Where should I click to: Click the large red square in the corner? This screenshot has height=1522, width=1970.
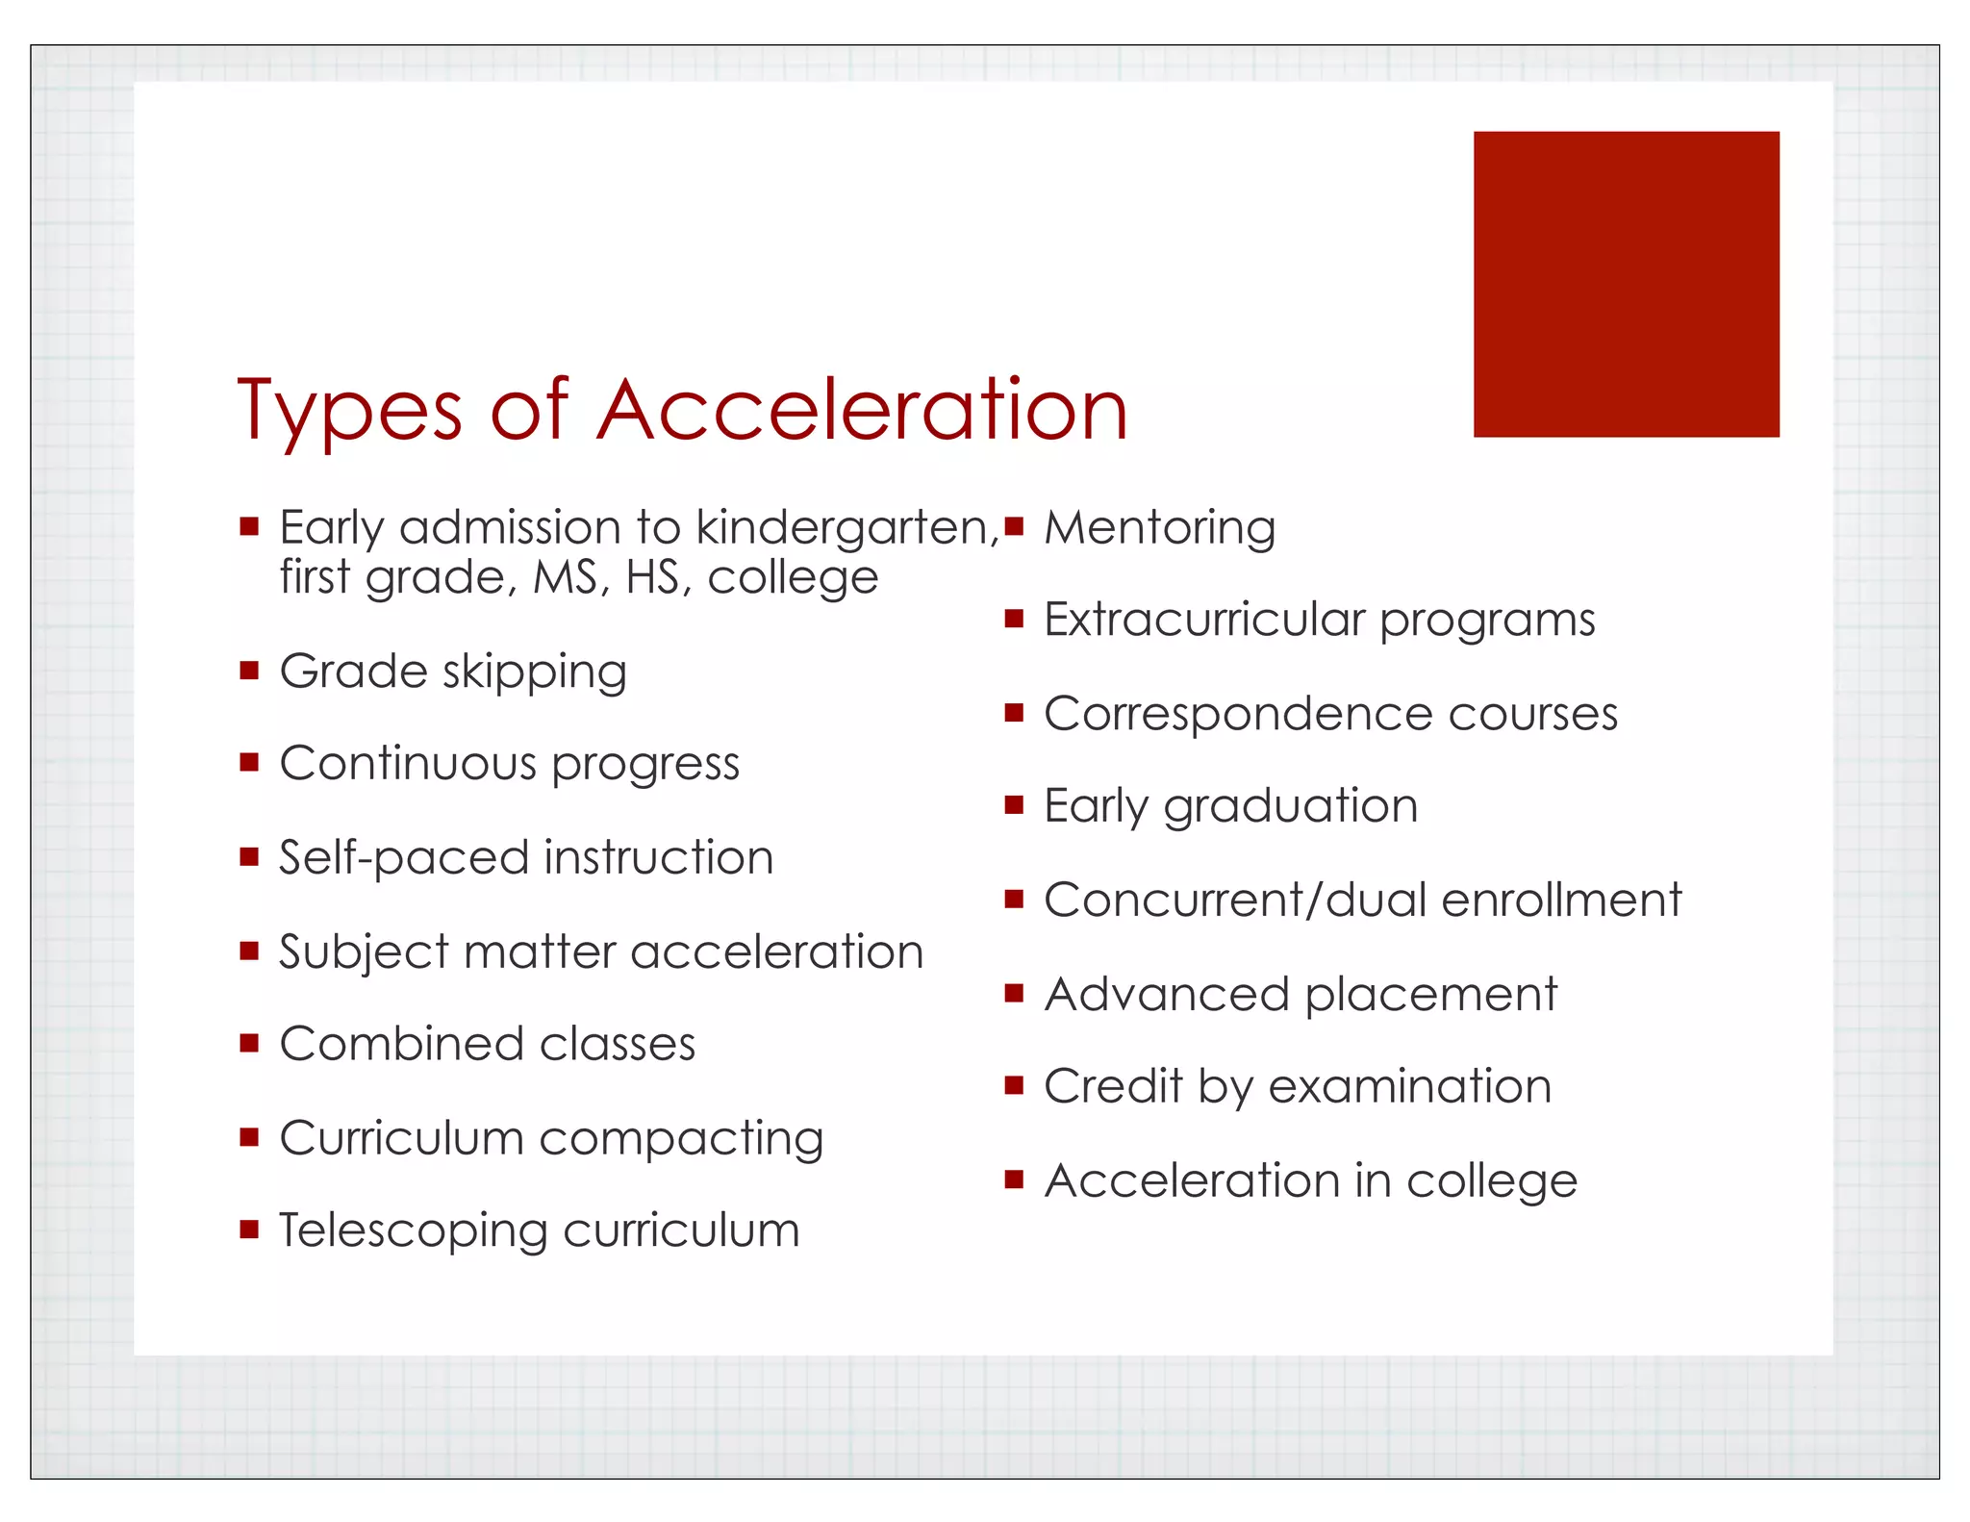pyautogui.click(x=1626, y=284)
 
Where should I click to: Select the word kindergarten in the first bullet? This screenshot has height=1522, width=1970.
pyautogui.click(x=846, y=528)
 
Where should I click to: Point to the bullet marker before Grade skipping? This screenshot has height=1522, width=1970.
pyautogui.click(x=250, y=670)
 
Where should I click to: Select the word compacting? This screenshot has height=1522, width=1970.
pyautogui.click(x=681, y=1139)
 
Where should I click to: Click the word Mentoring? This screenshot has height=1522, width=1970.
pyautogui.click(x=1160, y=528)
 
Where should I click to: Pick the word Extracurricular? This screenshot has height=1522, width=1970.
pyautogui.click(x=1204, y=620)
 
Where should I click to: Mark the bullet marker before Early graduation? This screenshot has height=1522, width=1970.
pyautogui.click(x=1014, y=804)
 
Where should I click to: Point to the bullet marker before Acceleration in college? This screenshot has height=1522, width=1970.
pyautogui.click(x=1014, y=1179)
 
